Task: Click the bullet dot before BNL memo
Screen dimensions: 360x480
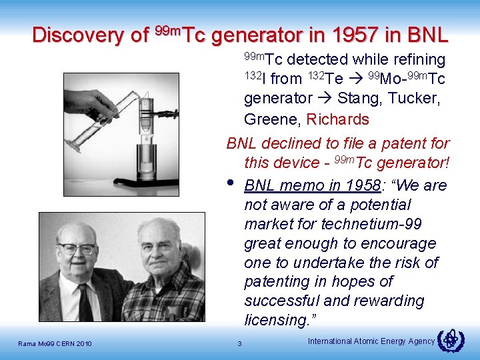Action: (x=231, y=182)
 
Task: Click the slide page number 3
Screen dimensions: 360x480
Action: (x=240, y=343)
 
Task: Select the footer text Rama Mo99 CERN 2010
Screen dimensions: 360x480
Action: (x=55, y=343)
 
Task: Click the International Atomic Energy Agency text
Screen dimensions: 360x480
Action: (x=371, y=341)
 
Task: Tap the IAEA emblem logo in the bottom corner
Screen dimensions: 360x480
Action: (x=451, y=340)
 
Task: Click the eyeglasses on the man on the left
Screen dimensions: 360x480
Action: (x=77, y=249)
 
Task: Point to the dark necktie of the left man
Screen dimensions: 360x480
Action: (x=85, y=303)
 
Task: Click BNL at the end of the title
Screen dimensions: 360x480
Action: (x=427, y=35)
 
